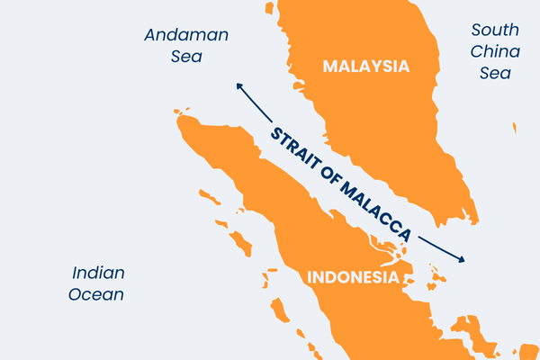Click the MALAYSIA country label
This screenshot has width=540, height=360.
tap(365, 67)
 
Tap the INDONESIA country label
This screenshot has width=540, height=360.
tap(353, 277)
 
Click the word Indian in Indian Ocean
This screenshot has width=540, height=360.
tap(98, 273)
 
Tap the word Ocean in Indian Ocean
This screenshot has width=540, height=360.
tap(98, 294)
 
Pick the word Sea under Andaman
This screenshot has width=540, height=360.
tap(187, 57)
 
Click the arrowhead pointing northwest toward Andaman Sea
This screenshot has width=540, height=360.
tap(239, 85)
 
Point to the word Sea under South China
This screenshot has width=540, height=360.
tap(495, 74)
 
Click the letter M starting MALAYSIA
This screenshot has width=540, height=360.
tap(330, 67)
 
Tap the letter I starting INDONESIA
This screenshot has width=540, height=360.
tap(310, 277)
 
